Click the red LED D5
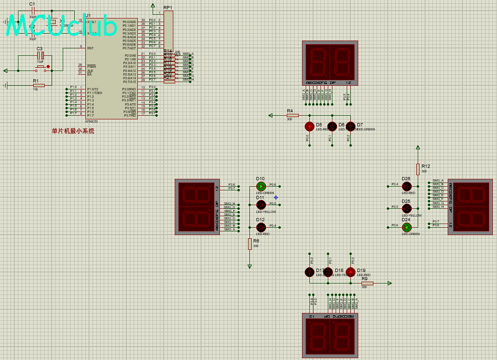pyautogui.click(x=309, y=126)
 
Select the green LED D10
pyautogui.click(x=261, y=186)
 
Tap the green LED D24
pyautogui.click(x=406, y=227)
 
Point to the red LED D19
pyautogui.click(x=351, y=271)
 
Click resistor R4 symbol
pyautogui.click(x=292, y=115)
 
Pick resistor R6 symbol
pyautogui.click(x=250, y=244)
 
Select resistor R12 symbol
pyautogui.click(x=418, y=169)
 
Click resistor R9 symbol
pyautogui.click(x=367, y=283)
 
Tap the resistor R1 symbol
pyautogui.click(x=39, y=85)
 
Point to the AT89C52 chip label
pyautogui.click(x=91, y=122)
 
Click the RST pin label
pyautogui.click(x=90, y=48)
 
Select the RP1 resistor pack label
pyautogui.click(x=168, y=8)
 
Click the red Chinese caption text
pyautogui.click(x=73, y=131)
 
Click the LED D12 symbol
pyautogui.click(x=261, y=227)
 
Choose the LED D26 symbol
pyautogui.click(x=406, y=186)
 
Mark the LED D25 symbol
pyautogui.click(x=406, y=208)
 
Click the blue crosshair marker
pyautogui.click(x=276, y=197)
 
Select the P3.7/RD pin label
pyautogui.click(x=130, y=115)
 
